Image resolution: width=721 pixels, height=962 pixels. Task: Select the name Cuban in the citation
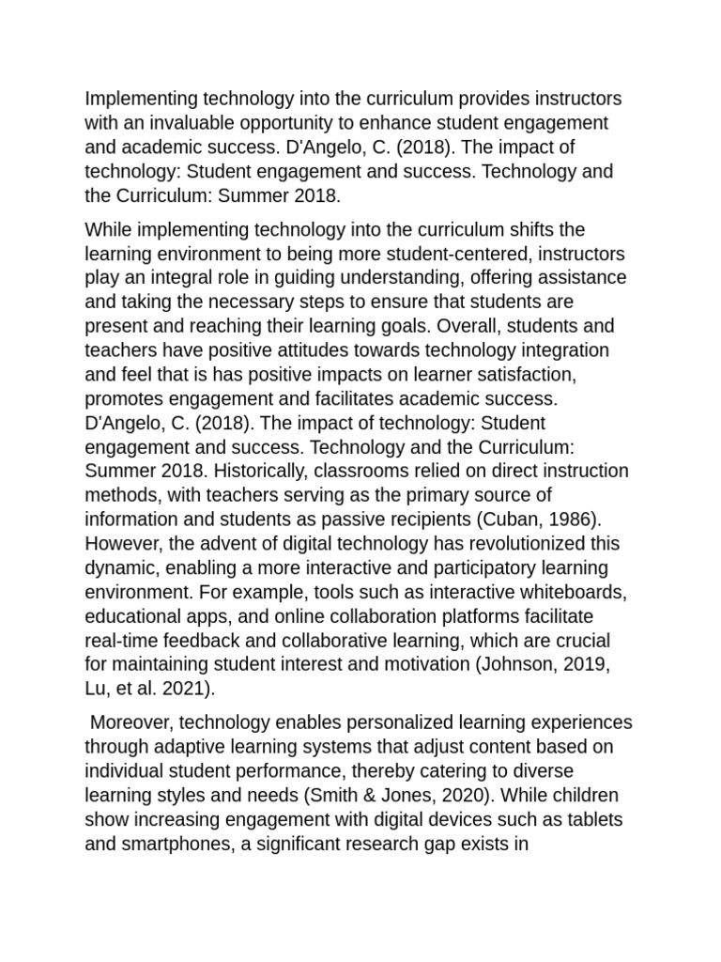click(x=497, y=520)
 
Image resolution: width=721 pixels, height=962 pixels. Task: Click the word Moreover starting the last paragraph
click(x=131, y=722)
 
